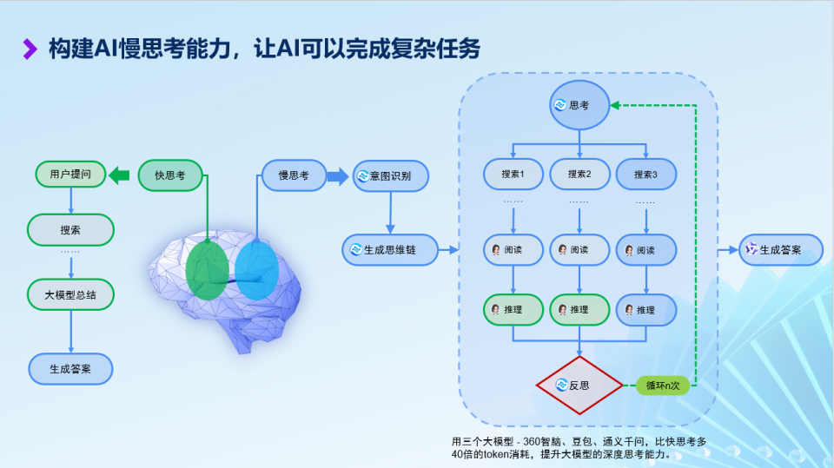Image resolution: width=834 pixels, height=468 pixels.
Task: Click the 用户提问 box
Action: click(x=70, y=175)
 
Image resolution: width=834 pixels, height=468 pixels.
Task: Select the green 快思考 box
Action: click(x=170, y=175)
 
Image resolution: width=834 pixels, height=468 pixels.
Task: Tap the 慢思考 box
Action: click(x=294, y=175)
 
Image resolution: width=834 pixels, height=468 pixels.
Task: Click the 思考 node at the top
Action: click(x=579, y=105)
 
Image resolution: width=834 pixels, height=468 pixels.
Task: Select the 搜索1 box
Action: click(x=513, y=175)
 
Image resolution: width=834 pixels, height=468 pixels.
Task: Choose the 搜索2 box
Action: click(x=579, y=175)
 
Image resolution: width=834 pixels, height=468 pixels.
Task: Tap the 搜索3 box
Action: click(x=646, y=175)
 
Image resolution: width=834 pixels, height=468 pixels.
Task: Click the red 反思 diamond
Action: click(x=579, y=385)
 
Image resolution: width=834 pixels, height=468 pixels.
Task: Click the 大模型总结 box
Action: click(x=70, y=294)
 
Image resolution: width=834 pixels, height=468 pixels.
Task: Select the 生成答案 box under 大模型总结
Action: click(x=70, y=368)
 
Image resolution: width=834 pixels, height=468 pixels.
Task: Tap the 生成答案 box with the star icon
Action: click(x=780, y=249)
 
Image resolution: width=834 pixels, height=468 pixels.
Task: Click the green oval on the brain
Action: click(x=207, y=270)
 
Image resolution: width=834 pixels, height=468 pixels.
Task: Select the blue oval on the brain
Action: click(x=256, y=270)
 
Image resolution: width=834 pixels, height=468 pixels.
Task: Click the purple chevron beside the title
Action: click(x=30, y=49)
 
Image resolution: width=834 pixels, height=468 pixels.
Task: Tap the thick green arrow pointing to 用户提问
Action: click(x=120, y=175)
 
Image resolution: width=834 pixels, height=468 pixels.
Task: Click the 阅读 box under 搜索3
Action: click(x=646, y=250)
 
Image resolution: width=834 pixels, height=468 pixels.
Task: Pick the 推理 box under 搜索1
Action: click(x=513, y=309)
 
